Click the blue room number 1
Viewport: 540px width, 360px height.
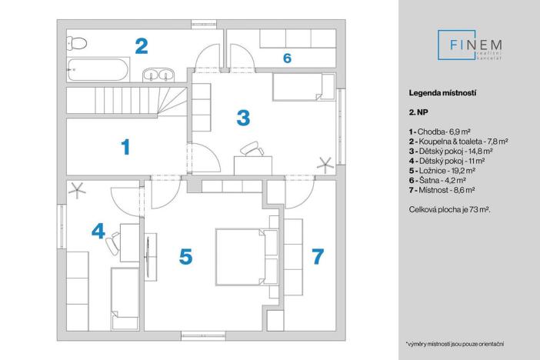point(125,146)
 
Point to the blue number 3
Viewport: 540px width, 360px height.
point(243,118)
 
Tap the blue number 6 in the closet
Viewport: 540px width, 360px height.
point(287,58)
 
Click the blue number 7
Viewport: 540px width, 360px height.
point(318,256)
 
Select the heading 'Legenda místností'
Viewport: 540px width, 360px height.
point(443,92)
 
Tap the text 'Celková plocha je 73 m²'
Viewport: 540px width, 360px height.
point(450,209)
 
